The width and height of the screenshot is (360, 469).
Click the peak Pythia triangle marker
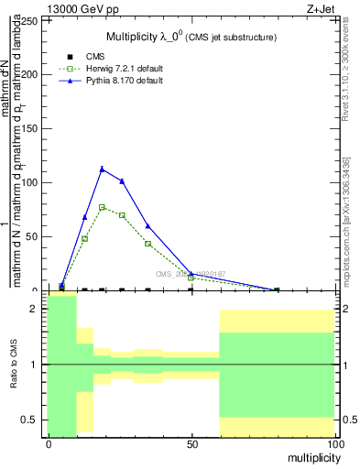tap(103, 169)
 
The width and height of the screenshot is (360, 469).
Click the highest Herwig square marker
tap(103, 207)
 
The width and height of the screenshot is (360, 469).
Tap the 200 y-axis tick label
tap(29, 73)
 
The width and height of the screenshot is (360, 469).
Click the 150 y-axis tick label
tap(29, 128)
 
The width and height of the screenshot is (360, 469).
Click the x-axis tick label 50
tap(191, 444)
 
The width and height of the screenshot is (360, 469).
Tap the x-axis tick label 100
tap(334, 444)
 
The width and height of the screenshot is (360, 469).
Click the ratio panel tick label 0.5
tap(27, 420)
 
